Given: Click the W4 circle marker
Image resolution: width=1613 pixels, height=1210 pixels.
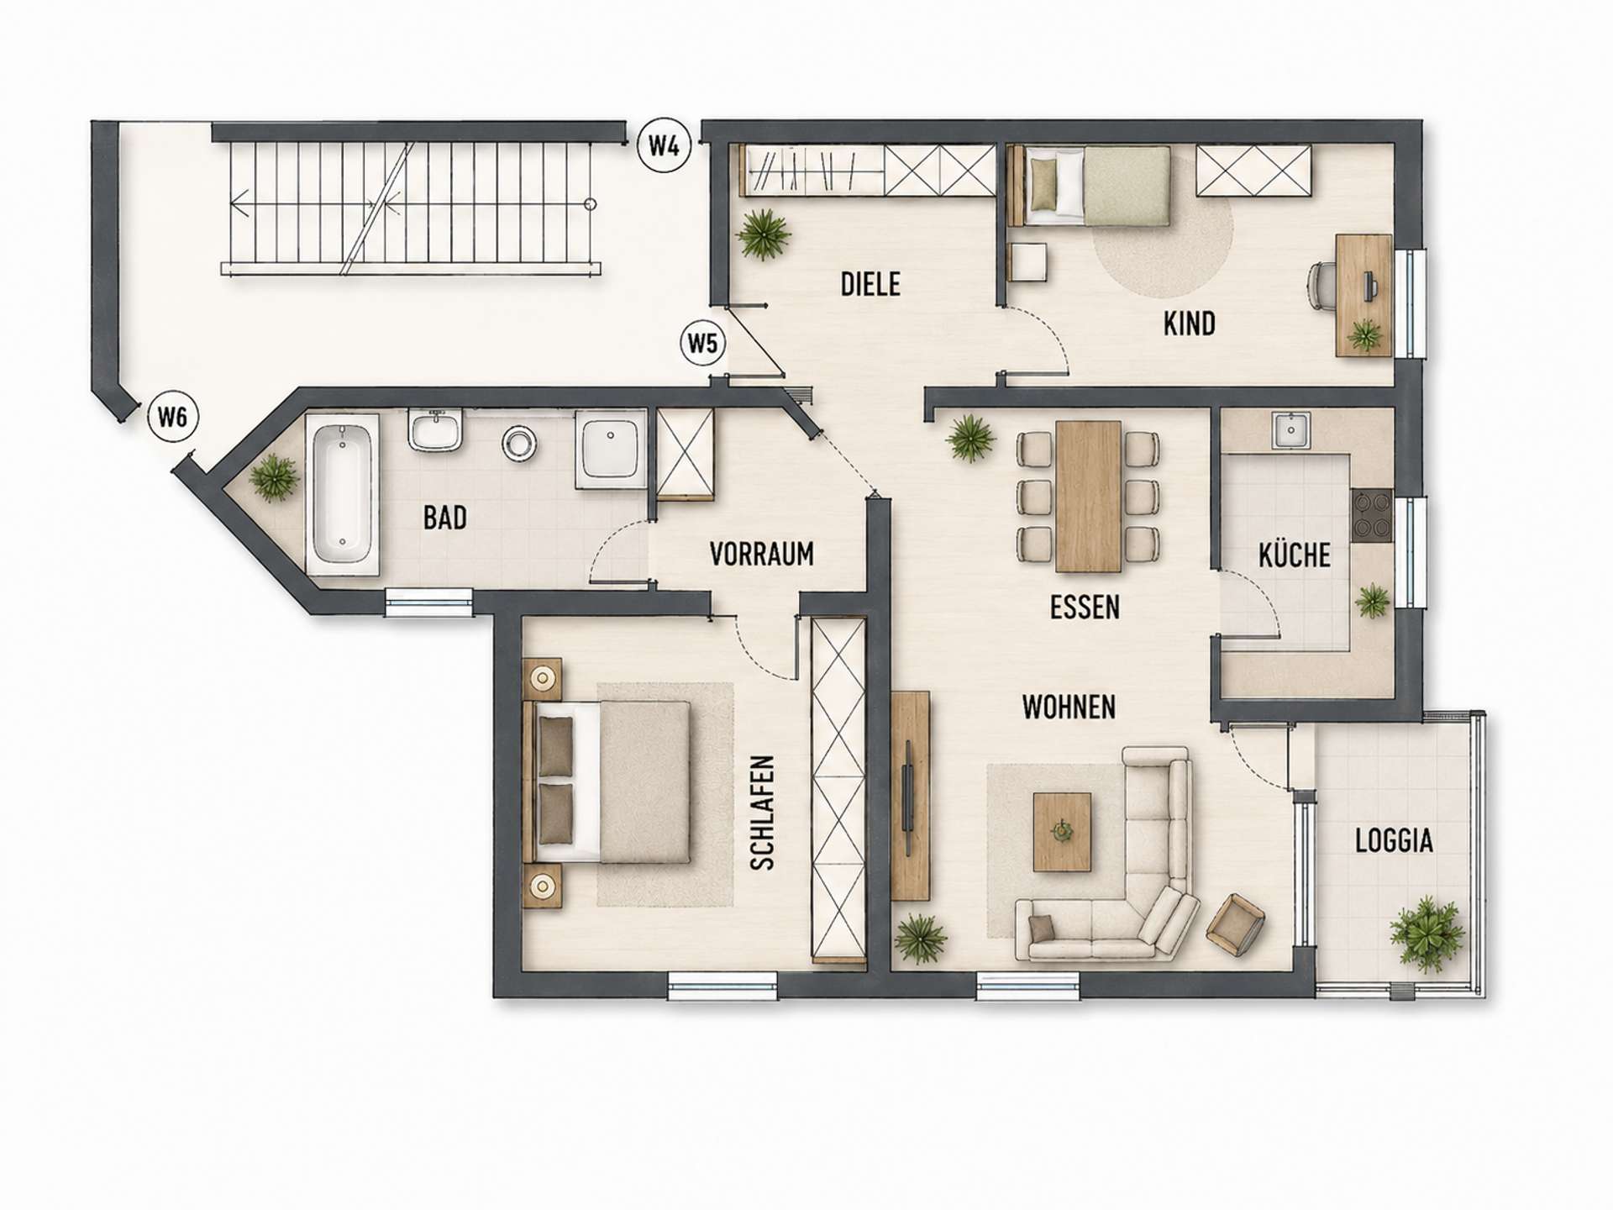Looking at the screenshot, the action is coord(664,146).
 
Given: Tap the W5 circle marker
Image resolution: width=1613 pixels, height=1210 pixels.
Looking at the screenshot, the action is coord(703,343).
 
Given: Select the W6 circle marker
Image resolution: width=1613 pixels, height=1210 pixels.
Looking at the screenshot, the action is coord(172,416).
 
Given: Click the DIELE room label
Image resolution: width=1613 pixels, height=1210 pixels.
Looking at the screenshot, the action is coord(870,284).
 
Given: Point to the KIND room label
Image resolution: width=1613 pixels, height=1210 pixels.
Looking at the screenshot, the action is coord(1189,324).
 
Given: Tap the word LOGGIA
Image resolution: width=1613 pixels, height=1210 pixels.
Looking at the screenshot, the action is coord(1394,840).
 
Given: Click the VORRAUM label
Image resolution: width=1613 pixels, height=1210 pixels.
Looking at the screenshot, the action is coord(761,554).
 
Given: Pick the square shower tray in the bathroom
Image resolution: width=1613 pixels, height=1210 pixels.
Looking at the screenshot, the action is coord(611,450).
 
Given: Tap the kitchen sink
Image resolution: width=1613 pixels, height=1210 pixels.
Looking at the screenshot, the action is coord(1286,430).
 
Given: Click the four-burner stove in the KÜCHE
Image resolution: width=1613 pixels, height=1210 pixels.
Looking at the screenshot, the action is coord(1371,515).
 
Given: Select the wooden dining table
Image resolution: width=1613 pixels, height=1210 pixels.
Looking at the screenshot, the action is coord(1088,496).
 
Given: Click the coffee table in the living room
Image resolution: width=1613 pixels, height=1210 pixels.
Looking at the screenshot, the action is coord(1063,832).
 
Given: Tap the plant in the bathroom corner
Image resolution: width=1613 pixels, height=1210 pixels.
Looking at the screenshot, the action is coord(274,478).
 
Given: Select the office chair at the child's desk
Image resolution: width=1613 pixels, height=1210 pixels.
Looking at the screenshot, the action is coord(1321,287).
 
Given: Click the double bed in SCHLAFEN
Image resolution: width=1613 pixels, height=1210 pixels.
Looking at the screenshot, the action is coord(607,783).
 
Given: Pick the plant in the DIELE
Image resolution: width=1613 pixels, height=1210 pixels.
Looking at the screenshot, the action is coord(764,234).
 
